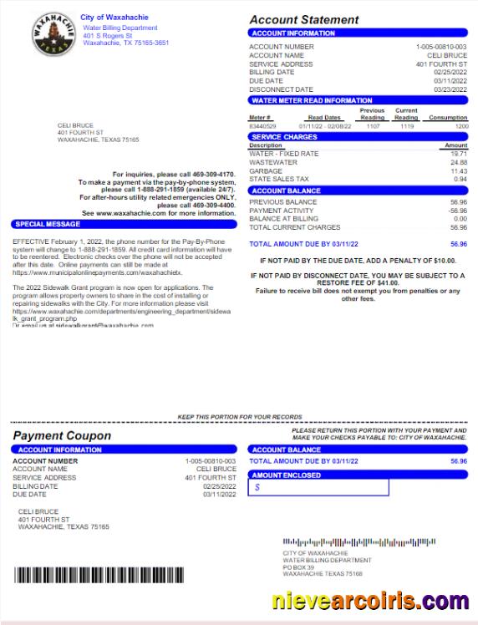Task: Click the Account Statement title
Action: click(304, 19)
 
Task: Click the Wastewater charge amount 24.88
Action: click(459, 162)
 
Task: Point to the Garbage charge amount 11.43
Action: click(459, 170)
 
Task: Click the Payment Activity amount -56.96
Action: click(457, 211)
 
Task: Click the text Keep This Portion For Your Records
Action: click(239, 416)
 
